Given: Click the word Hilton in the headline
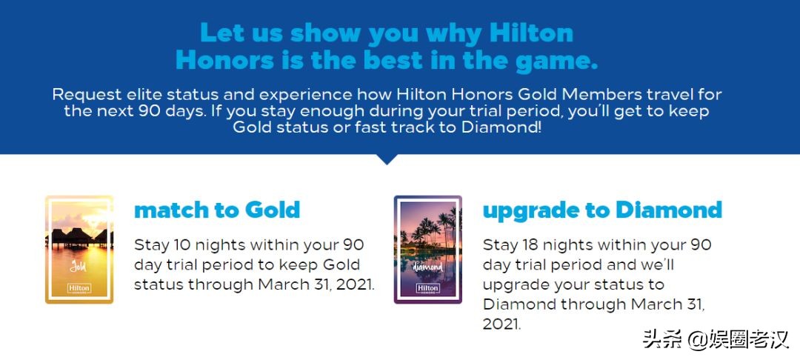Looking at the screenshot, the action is (x=530, y=33).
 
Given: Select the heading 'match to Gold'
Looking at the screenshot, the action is (x=217, y=210).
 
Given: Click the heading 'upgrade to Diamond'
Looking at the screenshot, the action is (x=602, y=210).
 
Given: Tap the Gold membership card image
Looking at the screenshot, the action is (x=79, y=250).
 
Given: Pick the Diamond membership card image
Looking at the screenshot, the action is (x=428, y=250).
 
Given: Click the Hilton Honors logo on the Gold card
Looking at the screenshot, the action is (x=79, y=289).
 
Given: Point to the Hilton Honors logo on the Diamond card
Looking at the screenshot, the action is (x=428, y=289).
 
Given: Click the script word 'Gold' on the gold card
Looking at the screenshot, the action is (x=78, y=266).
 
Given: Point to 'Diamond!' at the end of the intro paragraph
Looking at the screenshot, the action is (x=501, y=127).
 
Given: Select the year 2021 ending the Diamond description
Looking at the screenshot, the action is (x=502, y=324).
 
